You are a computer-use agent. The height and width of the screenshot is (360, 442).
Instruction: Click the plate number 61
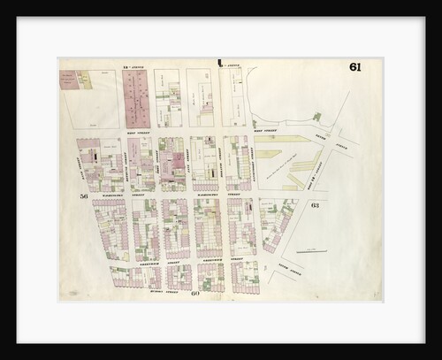(354, 68)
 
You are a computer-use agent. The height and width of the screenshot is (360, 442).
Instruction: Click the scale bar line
(311, 251)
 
